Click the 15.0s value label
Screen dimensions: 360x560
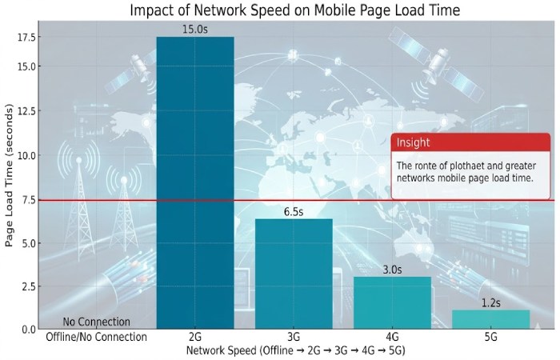tap(195, 30)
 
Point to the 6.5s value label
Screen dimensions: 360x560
tap(294, 212)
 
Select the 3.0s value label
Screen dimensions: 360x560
tap(392, 270)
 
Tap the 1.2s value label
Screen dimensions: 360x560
tap(490, 302)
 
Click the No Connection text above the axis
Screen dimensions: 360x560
tap(96, 322)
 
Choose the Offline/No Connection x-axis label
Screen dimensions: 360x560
tap(96, 337)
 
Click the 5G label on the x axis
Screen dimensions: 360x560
tap(490, 337)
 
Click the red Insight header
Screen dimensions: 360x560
tap(470, 142)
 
